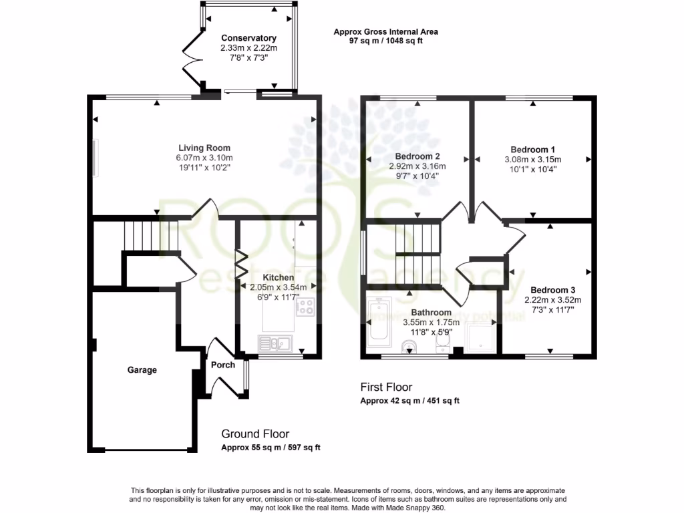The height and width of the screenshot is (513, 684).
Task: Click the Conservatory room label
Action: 248,38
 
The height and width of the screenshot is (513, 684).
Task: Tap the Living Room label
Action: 204,148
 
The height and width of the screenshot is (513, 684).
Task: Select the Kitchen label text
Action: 278,277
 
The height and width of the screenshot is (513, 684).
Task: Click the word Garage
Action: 142,370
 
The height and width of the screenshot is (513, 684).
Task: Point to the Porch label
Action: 223,365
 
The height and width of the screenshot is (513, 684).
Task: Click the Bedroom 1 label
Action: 533,150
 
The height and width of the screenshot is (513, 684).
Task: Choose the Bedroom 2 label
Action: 417,156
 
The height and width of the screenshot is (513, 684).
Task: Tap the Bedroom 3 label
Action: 553,290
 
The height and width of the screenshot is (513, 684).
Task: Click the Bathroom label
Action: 431,312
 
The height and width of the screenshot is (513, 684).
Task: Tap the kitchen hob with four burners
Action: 306,307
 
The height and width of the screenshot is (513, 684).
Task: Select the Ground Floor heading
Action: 255,434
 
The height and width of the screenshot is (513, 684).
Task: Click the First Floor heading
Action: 386,387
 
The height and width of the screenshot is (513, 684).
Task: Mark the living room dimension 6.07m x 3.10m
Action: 204,158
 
